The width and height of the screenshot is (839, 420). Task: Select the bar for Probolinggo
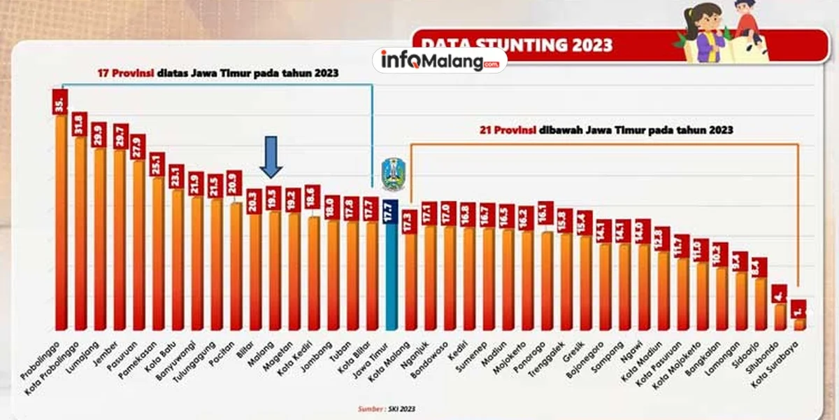(62, 224)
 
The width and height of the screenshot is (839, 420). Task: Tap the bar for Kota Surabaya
(800, 323)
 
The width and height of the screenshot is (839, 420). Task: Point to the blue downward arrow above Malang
(272, 157)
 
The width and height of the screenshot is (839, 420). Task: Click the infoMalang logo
(440, 60)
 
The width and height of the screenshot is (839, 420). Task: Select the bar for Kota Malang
(411, 280)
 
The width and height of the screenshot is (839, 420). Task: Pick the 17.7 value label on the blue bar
(392, 212)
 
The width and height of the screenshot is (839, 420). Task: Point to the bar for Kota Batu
(178, 259)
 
